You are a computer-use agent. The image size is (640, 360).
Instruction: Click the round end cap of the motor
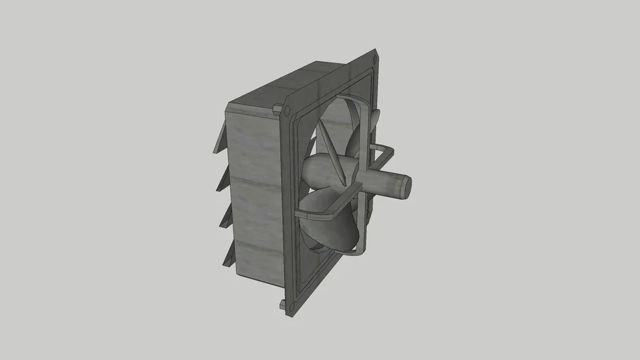point(402,186)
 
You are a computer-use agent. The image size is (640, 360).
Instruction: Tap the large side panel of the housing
point(253,190)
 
